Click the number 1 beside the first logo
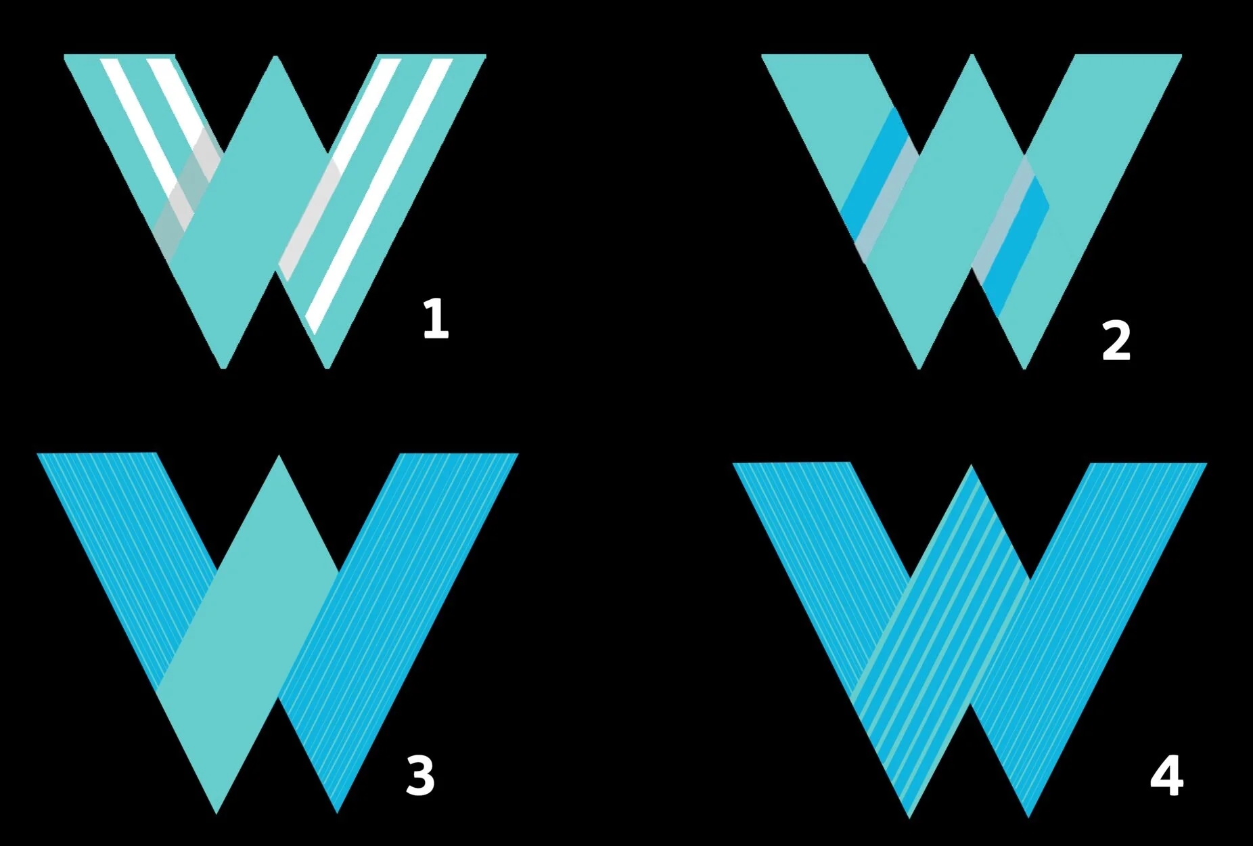(x=435, y=318)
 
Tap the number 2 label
(x=1116, y=341)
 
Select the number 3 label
(x=419, y=776)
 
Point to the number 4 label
(x=1166, y=776)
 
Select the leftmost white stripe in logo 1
(x=139, y=122)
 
